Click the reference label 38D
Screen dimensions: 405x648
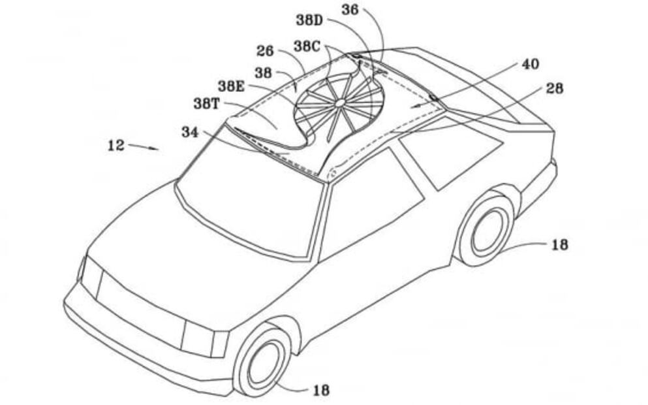point(309,20)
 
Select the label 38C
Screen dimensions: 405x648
point(306,46)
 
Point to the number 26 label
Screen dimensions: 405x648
point(265,50)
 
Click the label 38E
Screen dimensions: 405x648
point(232,86)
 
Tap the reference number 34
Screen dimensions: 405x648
point(191,132)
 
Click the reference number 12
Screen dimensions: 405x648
point(116,145)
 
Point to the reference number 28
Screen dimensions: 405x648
point(555,88)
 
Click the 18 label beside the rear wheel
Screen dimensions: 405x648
point(559,244)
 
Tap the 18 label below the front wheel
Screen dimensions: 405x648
point(320,390)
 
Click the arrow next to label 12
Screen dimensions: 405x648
point(144,147)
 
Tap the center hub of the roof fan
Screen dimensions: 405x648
point(340,102)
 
